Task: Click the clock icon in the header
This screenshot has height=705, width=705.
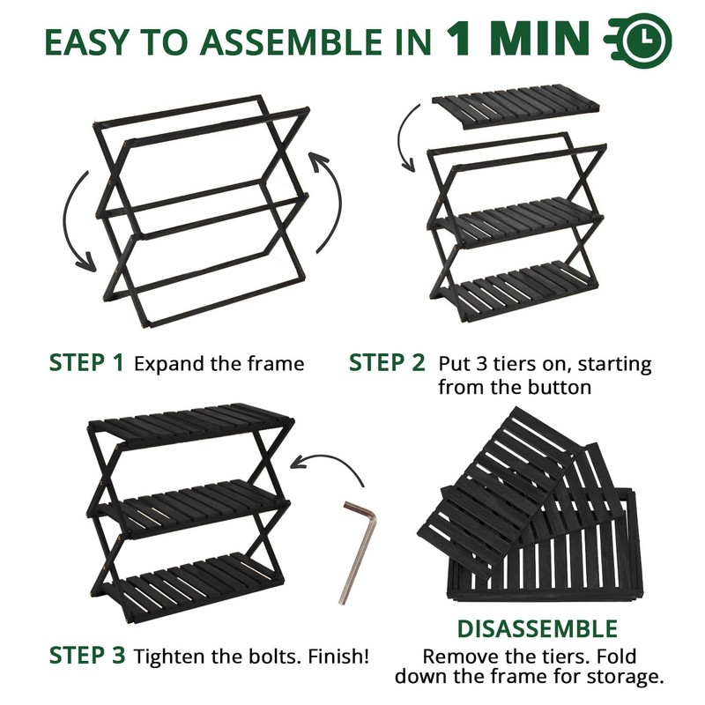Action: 638,41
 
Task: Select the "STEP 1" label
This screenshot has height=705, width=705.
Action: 85,362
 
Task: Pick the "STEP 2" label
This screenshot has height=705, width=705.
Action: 386,362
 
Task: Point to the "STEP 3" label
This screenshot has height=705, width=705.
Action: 87,655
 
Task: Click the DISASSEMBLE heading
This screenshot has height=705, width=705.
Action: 537,628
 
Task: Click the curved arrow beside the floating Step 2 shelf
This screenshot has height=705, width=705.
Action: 403,139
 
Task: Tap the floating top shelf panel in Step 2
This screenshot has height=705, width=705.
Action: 516,107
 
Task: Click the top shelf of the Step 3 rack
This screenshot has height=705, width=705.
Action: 191,425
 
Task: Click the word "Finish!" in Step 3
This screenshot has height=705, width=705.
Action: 338,656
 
